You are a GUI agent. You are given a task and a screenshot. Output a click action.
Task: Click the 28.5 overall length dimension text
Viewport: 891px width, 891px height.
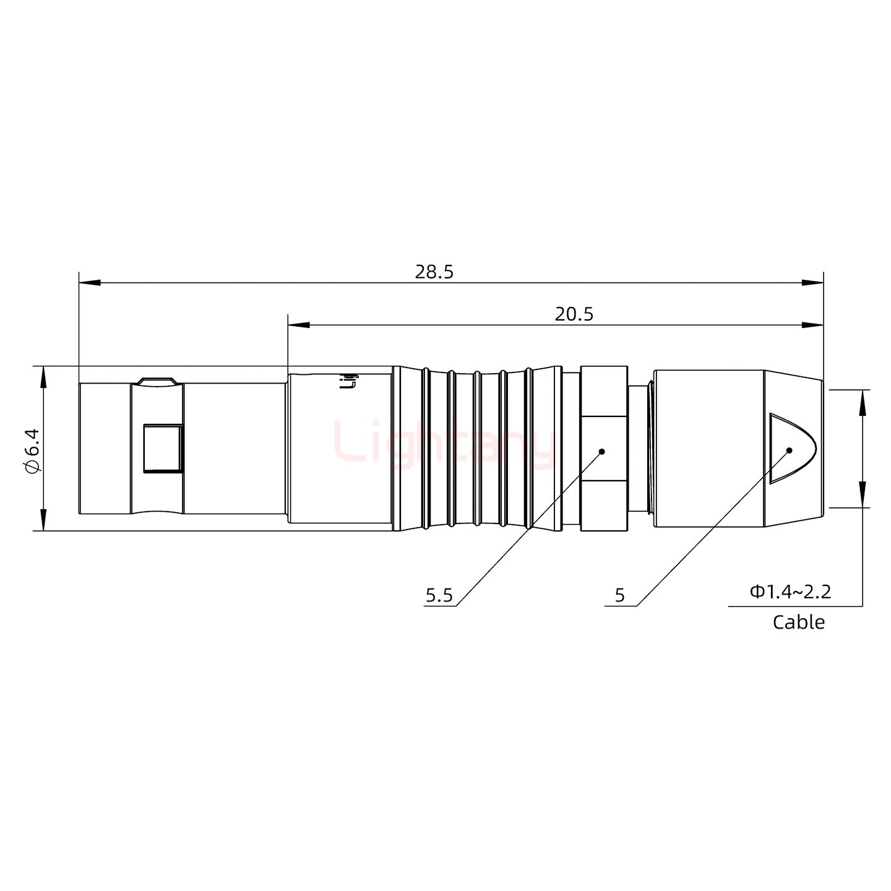coord(434,272)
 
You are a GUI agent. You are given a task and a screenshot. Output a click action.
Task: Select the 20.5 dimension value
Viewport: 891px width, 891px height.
coord(574,314)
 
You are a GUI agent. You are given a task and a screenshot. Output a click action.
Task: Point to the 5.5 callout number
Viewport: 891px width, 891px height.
coord(439,596)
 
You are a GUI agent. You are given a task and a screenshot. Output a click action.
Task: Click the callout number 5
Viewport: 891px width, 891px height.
coord(619,596)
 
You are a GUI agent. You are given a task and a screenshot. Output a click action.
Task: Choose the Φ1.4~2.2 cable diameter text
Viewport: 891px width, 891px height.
coord(790,592)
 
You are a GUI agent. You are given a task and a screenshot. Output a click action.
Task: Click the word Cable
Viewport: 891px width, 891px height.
coord(798,622)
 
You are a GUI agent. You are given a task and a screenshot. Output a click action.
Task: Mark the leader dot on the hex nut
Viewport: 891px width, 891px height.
coord(601,451)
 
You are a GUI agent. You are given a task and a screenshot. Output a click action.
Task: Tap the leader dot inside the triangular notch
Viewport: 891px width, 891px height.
coord(789,450)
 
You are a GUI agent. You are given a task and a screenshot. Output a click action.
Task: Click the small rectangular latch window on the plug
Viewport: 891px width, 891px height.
coord(163,448)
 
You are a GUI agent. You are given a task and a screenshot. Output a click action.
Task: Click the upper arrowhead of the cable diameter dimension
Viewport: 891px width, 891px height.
coord(861,401)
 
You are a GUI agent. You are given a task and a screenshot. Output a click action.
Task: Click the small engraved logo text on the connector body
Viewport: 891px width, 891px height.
coord(350,381)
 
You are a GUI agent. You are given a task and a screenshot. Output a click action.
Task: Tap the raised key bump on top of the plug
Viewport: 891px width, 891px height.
coord(157,381)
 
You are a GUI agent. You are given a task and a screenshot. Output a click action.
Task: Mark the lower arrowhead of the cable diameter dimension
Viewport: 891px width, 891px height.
coord(861,497)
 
